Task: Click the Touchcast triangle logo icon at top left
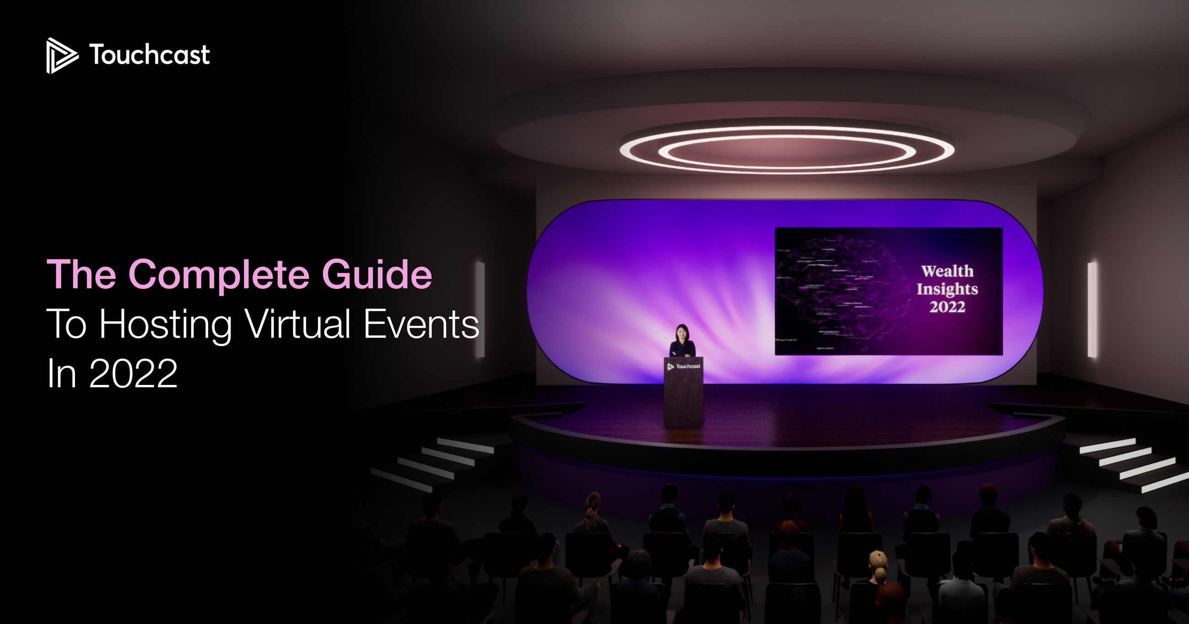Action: click(61, 55)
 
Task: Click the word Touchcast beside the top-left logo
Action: click(150, 55)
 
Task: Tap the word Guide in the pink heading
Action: click(377, 275)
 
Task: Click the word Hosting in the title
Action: click(165, 325)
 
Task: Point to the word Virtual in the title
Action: click(298, 324)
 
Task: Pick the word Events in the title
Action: click(421, 324)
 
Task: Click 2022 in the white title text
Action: click(133, 374)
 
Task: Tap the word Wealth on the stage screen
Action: click(947, 271)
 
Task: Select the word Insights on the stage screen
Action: click(947, 289)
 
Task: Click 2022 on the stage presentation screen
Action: click(947, 307)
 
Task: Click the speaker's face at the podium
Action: click(682, 332)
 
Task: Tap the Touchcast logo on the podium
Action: click(684, 367)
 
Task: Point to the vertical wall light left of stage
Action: click(480, 309)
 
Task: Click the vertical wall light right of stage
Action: click(1092, 309)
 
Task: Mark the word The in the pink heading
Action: click(81, 275)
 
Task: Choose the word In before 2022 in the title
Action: click(61, 374)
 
